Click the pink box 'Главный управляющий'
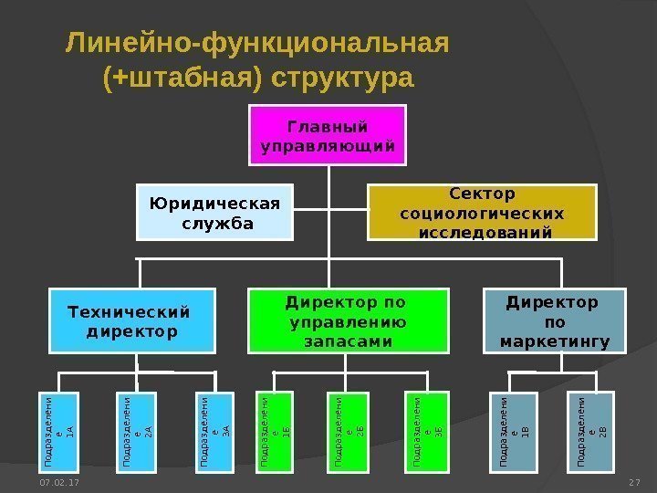point(328,134)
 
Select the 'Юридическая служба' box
point(215,212)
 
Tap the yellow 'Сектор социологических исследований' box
point(481,212)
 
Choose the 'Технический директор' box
point(132,320)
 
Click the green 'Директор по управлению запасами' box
point(350,320)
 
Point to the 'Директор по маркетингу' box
point(555,320)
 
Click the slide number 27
point(635,481)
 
